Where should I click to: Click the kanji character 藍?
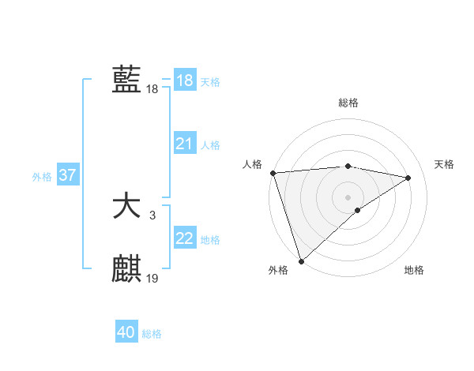(126, 80)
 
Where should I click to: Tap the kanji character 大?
(126, 207)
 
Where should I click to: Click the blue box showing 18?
(184, 81)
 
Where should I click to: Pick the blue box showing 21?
(184, 144)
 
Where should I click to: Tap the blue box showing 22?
(184, 238)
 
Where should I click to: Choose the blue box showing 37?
(68, 175)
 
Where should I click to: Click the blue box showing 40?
(126, 333)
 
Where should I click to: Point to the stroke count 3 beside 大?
(152, 214)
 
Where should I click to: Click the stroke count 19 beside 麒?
(152, 278)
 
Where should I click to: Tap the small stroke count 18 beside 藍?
(152, 89)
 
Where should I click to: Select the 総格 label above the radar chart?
(348, 103)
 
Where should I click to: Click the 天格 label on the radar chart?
(444, 164)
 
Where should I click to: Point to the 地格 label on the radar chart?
(414, 270)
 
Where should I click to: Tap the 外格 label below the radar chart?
(278, 270)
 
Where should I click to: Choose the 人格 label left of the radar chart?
(252, 164)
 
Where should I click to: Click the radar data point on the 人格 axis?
(273, 172)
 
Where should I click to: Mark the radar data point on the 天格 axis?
(408, 178)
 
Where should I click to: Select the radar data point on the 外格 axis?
(301, 260)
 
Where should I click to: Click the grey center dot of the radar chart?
(348, 197)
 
